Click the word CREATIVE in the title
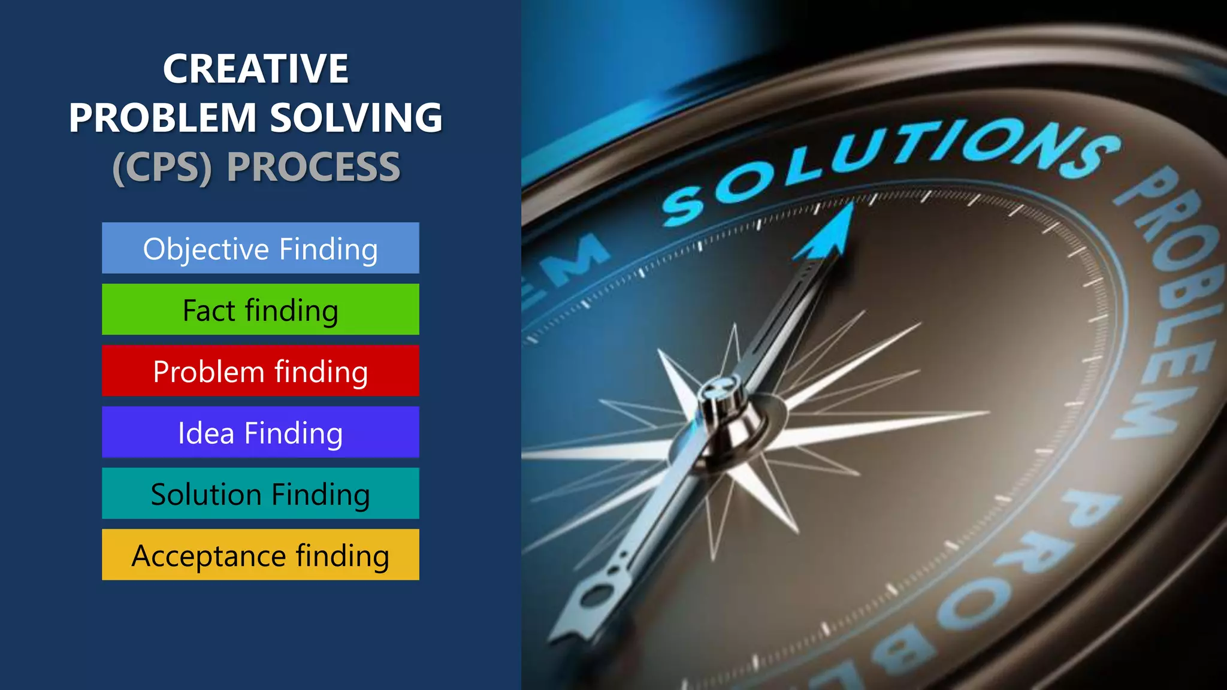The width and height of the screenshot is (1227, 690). pyautogui.click(x=255, y=69)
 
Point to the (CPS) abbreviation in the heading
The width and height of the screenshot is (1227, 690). pyautogui.click(x=162, y=167)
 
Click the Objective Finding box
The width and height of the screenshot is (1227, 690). pyautogui.click(x=260, y=248)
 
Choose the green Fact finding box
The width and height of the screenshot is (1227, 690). pyautogui.click(x=260, y=310)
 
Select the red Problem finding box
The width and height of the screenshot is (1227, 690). pyautogui.click(x=260, y=371)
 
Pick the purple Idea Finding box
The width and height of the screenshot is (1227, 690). pyautogui.click(x=260, y=432)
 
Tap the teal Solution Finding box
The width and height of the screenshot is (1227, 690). pyautogui.click(x=260, y=494)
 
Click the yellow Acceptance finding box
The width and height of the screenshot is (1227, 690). pyautogui.click(x=260, y=555)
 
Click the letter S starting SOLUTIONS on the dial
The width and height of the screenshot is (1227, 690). pyautogui.click(x=683, y=207)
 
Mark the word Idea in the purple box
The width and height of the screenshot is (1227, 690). pyautogui.click(x=205, y=433)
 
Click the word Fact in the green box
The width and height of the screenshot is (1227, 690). pyautogui.click(x=208, y=310)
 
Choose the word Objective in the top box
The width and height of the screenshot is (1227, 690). pyautogui.click(x=205, y=249)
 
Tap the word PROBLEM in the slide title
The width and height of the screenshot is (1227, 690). pyautogui.click(x=162, y=117)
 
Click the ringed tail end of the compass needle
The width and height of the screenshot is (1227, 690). pyautogui.click(x=593, y=599)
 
